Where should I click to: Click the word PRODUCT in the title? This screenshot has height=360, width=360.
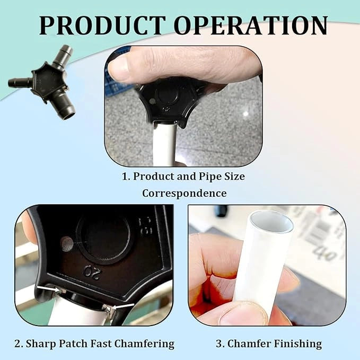(102, 25)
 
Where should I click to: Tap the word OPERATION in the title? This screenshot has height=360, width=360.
(251, 25)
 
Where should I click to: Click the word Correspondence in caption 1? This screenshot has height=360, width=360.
(185, 194)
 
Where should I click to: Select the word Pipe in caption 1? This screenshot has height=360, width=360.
(209, 177)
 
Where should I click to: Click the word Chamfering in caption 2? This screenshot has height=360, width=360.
(144, 344)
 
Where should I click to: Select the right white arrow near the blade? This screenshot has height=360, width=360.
(123, 306)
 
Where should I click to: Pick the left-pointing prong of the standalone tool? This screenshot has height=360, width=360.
(20, 82)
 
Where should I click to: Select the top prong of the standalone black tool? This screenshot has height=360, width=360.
(62, 56)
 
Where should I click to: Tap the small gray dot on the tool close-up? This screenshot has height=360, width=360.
(67, 244)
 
